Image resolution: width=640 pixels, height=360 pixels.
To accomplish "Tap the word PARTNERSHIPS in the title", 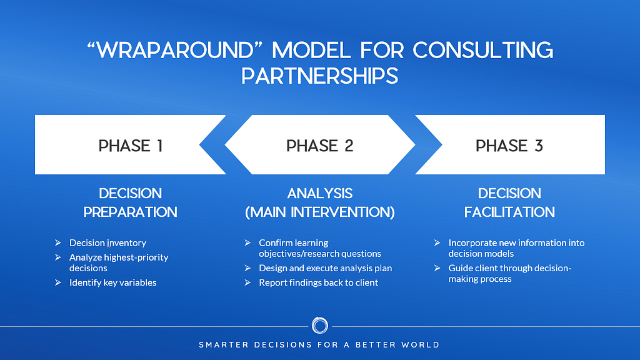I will click(x=319, y=76).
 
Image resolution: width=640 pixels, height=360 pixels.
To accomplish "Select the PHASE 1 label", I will click(x=131, y=146).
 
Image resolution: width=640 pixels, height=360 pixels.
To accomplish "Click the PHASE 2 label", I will click(x=319, y=146).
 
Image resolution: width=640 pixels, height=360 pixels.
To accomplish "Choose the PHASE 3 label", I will click(x=509, y=146).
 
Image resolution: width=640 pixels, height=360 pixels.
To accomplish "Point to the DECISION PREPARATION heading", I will click(x=131, y=202).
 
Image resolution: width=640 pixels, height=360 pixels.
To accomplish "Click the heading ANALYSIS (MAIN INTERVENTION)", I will click(x=319, y=202).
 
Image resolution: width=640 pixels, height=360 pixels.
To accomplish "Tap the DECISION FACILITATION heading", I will click(x=509, y=202).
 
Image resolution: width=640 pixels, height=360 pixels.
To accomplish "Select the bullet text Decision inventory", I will click(x=107, y=242).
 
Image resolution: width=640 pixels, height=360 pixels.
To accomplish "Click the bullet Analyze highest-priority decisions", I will click(x=119, y=262).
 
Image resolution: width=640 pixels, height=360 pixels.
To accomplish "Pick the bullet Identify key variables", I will click(x=113, y=282).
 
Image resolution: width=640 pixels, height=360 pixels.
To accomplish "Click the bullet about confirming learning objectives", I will click(x=320, y=247).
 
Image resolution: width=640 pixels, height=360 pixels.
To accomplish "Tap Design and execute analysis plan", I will click(x=326, y=268).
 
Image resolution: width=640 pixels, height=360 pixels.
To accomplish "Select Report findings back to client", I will click(x=319, y=282).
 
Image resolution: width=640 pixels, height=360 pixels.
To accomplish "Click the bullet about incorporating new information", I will click(x=516, y=247).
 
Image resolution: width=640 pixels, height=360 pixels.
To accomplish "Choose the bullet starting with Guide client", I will click(x=510, y=273).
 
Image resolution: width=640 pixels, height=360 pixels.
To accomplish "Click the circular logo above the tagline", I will click(x=319, y=326).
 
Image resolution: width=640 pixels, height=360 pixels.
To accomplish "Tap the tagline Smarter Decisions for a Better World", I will click(x=319, y=344).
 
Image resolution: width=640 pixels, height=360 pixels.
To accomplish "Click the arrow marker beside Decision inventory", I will click(x=58, y=242).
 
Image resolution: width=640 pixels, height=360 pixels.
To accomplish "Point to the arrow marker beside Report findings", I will click(x=248, y=282).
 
